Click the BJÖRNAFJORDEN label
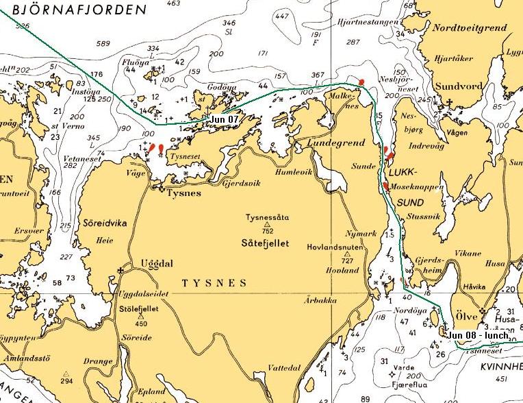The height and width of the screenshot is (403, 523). (75, 10)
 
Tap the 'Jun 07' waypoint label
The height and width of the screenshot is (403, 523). (225, 119)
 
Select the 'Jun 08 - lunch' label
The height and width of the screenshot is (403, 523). (479, 335)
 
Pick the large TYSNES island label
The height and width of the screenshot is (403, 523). (213, 282)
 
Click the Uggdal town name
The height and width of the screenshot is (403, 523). (153, 263)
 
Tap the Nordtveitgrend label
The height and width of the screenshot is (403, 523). (469, 27)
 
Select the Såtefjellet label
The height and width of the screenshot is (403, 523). (266, 243)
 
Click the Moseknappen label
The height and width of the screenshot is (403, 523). (416, 186)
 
